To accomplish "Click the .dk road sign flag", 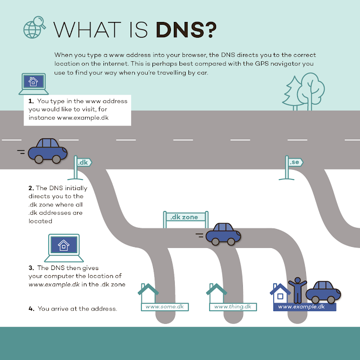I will (x=84, y=162).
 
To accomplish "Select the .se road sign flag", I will (x=295, y=162).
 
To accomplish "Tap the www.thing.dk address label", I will (x=233, y=307).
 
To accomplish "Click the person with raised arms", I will (x=296, y=289).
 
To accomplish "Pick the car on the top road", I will (x=48, y=150).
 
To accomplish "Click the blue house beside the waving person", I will (x=280, y=292).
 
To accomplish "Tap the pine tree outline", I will (x=293, y=92).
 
